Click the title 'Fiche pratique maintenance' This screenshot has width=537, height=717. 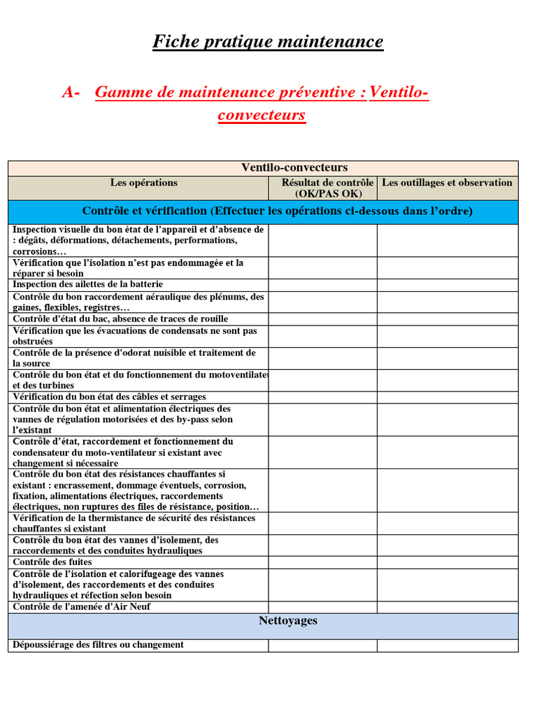(x=268, y=42)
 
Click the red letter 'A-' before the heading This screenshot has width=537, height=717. (x=71, y=92)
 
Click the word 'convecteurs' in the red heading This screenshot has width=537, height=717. (x=262, y=115)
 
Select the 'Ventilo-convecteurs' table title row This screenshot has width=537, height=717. (x=294, y=167)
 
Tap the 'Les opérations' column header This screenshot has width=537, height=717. (x=143, y=183)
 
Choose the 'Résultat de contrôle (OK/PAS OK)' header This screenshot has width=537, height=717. (x=323, y=188)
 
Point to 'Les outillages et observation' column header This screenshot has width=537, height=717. (x=447, y=183)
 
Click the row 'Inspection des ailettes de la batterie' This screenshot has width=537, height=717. (x=88, y=284)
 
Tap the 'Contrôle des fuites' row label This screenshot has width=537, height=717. (x=52, y=562)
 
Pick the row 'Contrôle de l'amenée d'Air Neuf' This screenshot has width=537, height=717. (x=82, y=607)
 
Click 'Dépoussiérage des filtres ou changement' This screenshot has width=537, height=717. (x=99, y=645)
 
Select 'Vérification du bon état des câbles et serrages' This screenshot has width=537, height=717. (x=110, y=397)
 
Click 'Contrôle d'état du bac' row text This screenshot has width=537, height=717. (x=120, y=319)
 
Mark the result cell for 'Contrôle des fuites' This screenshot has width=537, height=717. (x=322, y=562)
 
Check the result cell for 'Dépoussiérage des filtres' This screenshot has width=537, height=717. (x=322, y=645)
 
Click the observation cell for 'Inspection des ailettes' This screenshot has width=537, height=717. (x=447, y=284)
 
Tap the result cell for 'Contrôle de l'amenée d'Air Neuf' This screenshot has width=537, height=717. (x=322, y=607)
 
